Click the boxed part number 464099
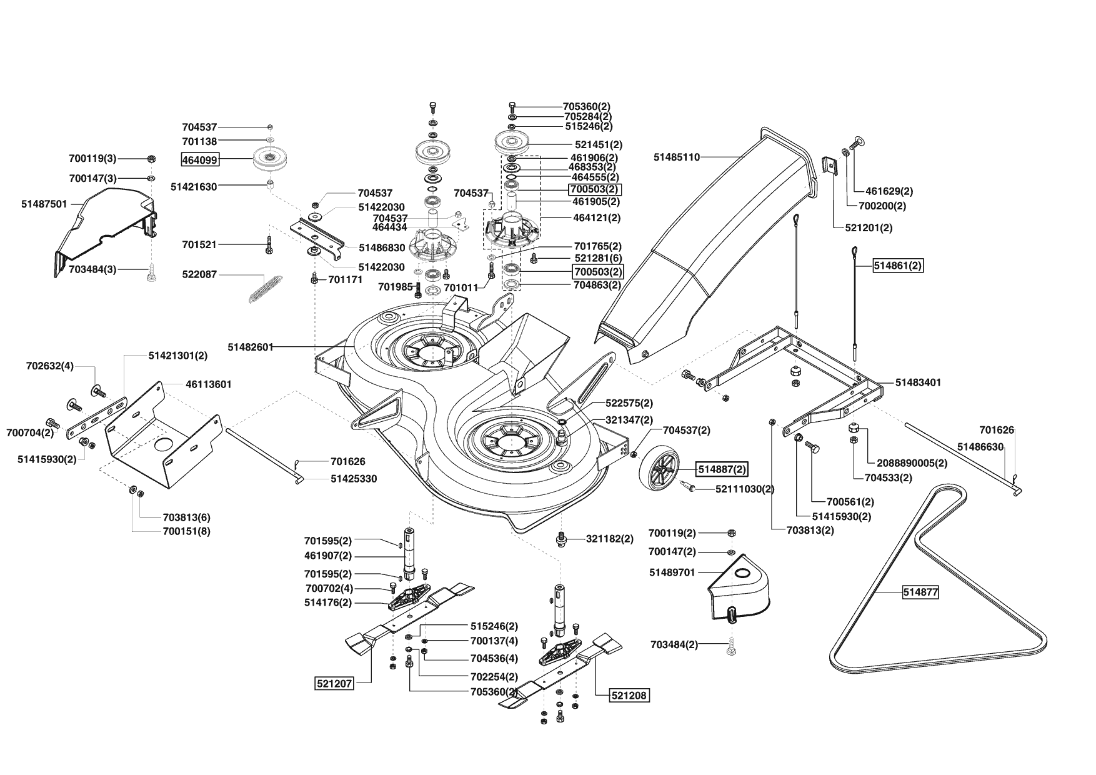(x=200, y=160)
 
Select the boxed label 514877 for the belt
(x=920, y=591)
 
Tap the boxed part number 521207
(x=335, y=684)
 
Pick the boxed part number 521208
(x=630, y=695)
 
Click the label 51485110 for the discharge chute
(x=677, y=157)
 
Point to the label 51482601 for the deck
(x=251, y=346)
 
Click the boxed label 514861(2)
(x=898, y=266)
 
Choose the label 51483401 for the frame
(x=918, y=382)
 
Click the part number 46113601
(x=209, y=384)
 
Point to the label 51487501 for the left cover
(x=44, y=204)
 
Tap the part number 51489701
(x=672, y=572)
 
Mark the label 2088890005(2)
(x=912, y=463)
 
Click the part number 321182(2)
(x=609, y=539)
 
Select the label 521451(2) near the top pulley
(x=599, y=145)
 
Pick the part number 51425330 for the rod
(x=354, y=479)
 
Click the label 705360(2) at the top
(x=587, y=106)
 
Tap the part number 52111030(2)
(x=745, y=489)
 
